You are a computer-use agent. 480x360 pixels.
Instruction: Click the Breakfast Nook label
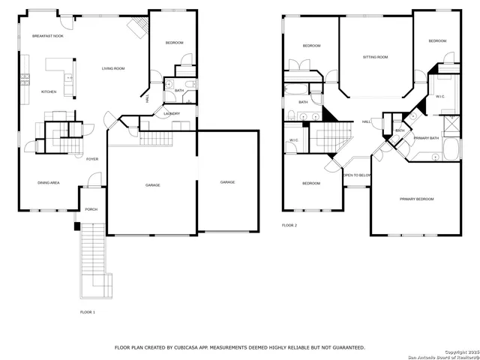click(x=47, y=36)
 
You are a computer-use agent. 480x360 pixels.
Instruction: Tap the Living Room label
click(x=113, y=69)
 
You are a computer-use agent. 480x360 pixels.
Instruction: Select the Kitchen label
click(x=48, y=91)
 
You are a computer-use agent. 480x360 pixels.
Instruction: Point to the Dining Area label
click(x=49, y=182)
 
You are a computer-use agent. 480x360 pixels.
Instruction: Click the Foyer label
click(x=92, y=159)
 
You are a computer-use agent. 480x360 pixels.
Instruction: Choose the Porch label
click(x=91, y=209)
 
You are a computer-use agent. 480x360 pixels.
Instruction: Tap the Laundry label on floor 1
click(x=172, y=114)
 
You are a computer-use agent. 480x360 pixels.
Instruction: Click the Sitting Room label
click(x=375, y=57)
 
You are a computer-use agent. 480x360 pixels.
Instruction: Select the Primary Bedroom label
click(x=416, y=199)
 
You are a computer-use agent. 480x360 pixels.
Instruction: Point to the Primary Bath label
click(x=426, y=138)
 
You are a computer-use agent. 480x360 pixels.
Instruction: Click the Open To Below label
click(x=357, y=175)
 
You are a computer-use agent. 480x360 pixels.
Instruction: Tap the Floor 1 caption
click(x=88, y=311)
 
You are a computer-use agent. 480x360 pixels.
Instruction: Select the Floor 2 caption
click(x=289, y=225)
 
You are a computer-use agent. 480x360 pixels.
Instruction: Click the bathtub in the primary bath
click(x=451, y=148)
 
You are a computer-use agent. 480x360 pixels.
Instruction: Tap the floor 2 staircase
click(x=334, y=136)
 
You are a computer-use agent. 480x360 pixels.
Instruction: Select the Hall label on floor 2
click(x=367, y=121)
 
